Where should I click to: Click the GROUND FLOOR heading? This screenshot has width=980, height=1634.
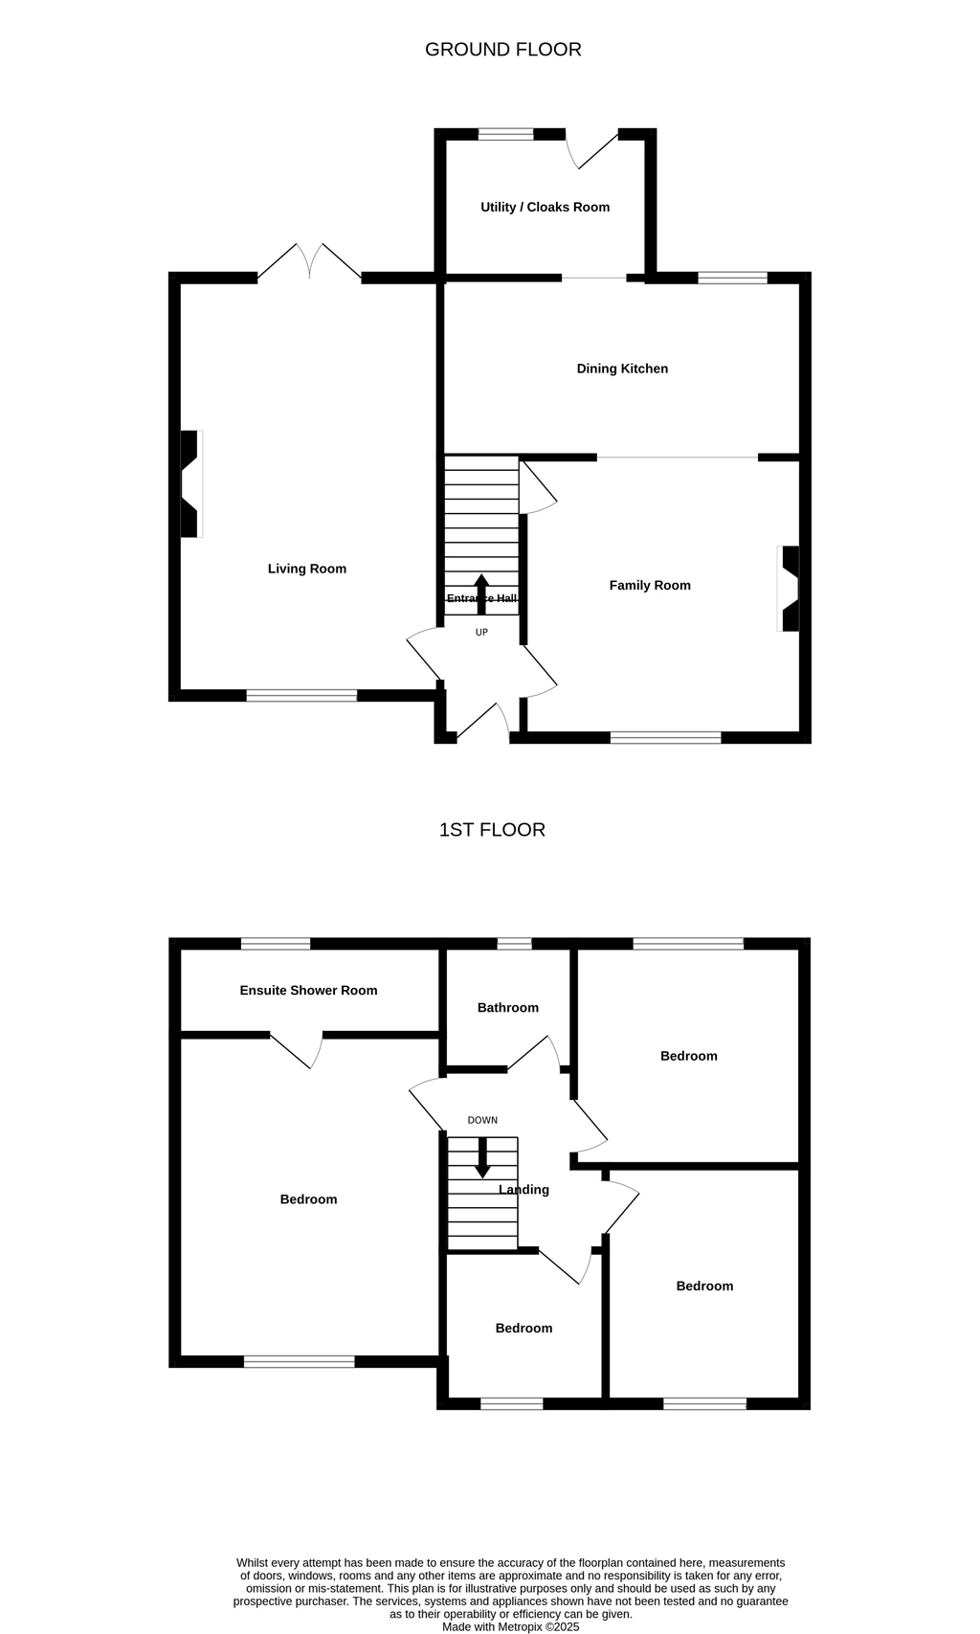pyautogui.click(x=503, y=50)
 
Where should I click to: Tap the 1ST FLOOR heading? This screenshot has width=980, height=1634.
pyautogui.click(x=492, y=830)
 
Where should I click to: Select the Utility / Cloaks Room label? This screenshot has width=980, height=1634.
pyautogui.click(x=545, y=207)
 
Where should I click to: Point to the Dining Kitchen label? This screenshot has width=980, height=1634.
pyautogui.click(x=622, y=369)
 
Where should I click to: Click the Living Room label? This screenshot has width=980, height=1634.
pyautogui.click(x=307, y=569)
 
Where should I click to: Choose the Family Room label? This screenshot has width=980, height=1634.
pyautogui.click(x=650, y=585)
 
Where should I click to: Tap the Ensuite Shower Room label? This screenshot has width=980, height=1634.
pyautogui.click(x=308, y=991)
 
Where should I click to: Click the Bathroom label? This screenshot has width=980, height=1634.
pyautogui.click(x=508, y=1008)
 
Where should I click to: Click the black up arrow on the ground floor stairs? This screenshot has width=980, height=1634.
pyautogui.click(x=481, y=594)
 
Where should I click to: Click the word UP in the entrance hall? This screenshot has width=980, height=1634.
pyautogui.click(x=481, y=633)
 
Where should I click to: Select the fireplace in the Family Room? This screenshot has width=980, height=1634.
pyautogui.click(x=789, y=589)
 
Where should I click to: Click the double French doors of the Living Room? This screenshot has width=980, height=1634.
pyautogui.click(x=309, y=261)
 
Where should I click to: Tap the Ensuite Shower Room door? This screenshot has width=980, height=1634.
pyautogui.click(x=297, y=1050)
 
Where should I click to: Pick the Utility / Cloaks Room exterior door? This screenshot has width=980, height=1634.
pyautogui.click(x=592, y=148)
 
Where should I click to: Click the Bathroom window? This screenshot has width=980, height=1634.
pyautogui.click(x=515, y=943)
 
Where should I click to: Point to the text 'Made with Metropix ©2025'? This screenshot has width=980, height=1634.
pyautogui.click(x=510, y=1626)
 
